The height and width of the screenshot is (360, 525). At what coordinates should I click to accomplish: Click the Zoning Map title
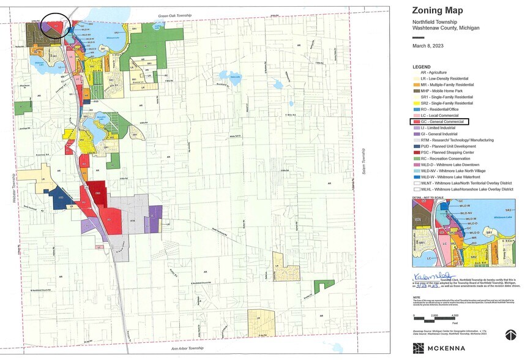tap(439, 10)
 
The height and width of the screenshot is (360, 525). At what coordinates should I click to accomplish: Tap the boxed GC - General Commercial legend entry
tap(440, 122)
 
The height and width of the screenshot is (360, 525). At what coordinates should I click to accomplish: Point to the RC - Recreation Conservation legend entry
tap(448, 159)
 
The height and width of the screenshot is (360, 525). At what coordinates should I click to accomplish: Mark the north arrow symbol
tap(510, 334)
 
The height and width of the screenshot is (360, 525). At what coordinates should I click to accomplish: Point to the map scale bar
tap(434, 317)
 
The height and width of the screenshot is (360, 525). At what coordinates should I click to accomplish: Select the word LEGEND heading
tap(422, 66)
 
